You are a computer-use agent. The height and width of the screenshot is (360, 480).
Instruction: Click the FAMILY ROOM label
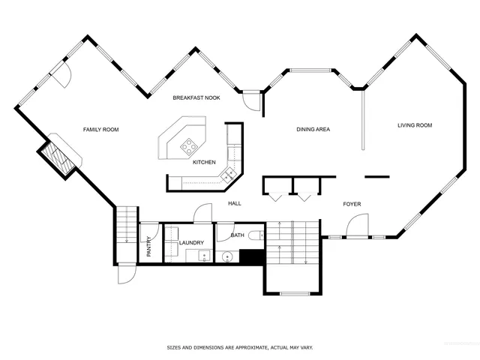(100, 130)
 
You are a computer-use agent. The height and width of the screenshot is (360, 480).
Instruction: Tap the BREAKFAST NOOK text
(196, 98)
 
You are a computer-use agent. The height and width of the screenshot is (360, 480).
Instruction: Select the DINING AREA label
(313, 130)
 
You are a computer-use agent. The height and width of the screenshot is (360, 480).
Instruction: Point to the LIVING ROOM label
(415, 125)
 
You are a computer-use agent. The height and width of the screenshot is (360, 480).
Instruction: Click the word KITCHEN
(204, 162)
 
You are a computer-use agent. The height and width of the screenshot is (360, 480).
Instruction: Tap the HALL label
(235, 203)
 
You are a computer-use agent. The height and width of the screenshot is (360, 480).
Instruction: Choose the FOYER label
(352, 204)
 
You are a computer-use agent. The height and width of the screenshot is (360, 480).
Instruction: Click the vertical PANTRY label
(148, 247)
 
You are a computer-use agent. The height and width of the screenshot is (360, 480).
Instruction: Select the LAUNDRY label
(191, 242)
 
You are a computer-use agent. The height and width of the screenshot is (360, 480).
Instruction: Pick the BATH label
(237, 235)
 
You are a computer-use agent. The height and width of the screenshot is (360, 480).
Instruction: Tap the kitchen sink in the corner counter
(229, 174)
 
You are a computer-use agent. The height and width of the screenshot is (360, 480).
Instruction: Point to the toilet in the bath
(256, 235)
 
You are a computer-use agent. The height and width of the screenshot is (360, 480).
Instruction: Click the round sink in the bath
(228, 257)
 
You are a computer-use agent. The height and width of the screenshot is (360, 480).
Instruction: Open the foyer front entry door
(358, 224)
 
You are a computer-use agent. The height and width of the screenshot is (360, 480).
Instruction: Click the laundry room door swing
(202, 214)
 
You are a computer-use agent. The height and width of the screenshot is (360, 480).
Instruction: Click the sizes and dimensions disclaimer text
(239, 348)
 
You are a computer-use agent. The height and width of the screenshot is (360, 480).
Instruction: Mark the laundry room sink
(203, 256)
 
